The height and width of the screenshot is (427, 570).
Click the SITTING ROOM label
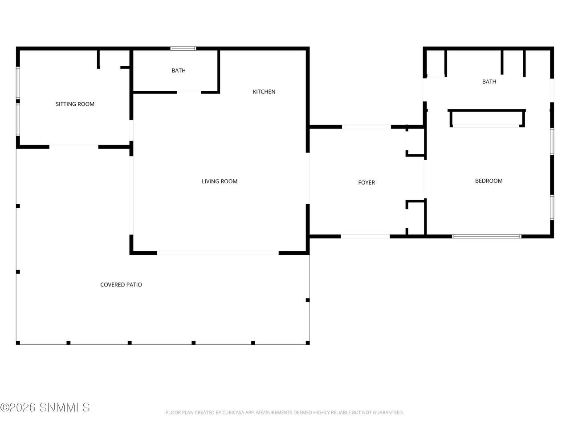point(75,104)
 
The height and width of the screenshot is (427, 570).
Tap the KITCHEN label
point(264,92)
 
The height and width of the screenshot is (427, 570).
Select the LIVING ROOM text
point(220,181)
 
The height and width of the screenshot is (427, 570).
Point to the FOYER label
point(366,182)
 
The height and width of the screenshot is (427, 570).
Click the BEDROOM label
point(489,181)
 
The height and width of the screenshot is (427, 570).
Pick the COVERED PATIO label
point(121,284)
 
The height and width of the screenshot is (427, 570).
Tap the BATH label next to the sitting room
point(179,70)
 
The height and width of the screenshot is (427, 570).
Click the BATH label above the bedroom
point(489,81)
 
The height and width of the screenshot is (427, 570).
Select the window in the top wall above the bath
point(183,48)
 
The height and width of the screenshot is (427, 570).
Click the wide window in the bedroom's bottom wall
point(486,236)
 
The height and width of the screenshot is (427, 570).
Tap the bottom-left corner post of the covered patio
point(18,342)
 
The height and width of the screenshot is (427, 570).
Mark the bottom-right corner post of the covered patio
point(307,342)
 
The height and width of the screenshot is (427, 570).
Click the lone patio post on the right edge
point(307,300)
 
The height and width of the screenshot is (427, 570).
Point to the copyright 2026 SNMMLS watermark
point(45,407)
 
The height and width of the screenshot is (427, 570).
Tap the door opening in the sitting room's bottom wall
point(74,147)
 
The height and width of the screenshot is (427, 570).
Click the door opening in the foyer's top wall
point(366,127)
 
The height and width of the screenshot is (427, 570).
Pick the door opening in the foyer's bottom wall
point(365,236)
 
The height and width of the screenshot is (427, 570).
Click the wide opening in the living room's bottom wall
point(218,253)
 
